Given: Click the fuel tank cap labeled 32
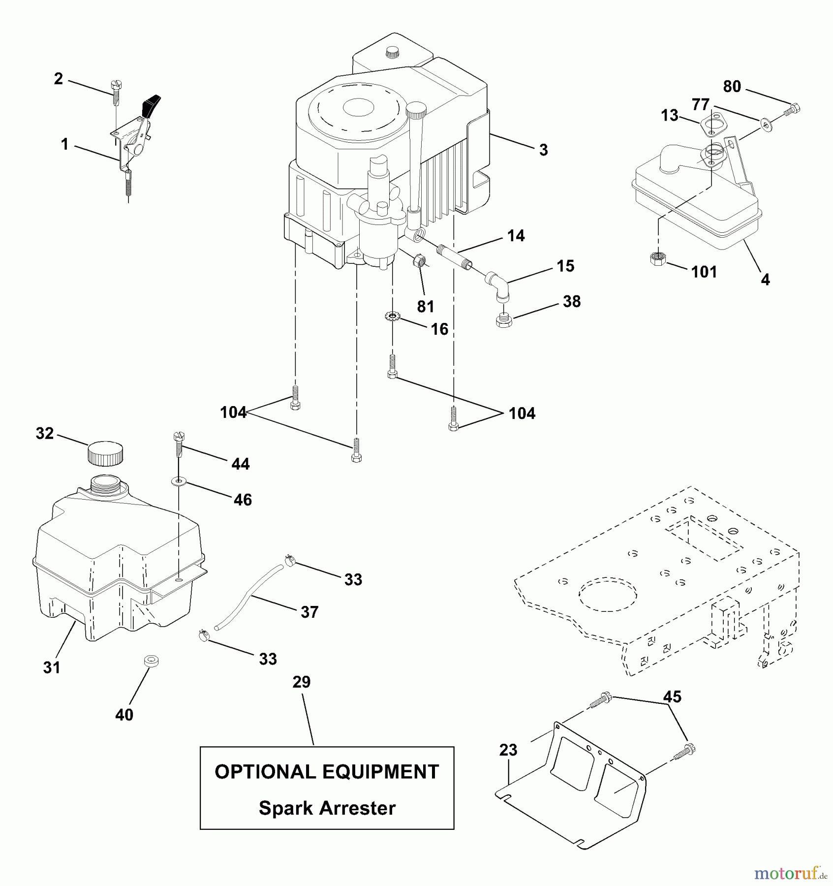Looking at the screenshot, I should coord(105,454).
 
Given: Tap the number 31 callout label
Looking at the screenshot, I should coord(52,667).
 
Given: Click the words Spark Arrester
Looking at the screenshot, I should coord(327,808).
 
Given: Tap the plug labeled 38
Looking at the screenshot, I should coord(503,321).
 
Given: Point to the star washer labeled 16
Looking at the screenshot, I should coord(392,315).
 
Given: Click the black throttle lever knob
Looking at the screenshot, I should coord(152,104).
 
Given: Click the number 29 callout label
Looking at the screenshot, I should coord(301,682).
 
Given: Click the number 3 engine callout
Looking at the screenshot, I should coord(543,150).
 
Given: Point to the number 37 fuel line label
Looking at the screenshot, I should coord(309,612).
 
